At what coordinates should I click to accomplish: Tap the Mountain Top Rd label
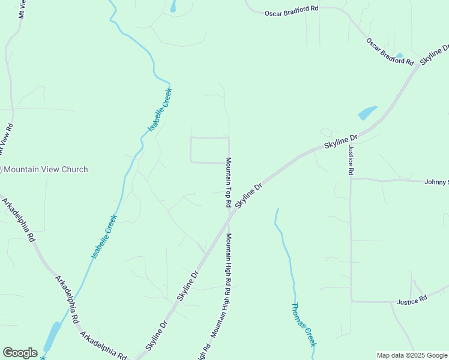point(229,182)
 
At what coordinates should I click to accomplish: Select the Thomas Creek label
point(303,325)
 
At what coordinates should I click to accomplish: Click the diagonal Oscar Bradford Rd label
point(390,52)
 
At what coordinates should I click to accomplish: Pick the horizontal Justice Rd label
point(411,298)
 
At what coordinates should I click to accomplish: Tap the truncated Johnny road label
point(436,182)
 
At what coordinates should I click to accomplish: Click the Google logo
point(20,353)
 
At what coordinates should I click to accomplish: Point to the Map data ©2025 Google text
point(412,355)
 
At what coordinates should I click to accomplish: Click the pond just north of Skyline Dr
point(367,113)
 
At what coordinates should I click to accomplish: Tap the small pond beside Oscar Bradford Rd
point(399,55)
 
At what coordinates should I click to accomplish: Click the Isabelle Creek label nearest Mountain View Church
point(104,237)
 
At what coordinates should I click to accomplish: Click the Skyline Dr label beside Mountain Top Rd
point(249,196)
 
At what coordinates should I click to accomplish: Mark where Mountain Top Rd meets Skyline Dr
point(229,217)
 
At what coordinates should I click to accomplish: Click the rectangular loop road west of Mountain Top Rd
point(209,150)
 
